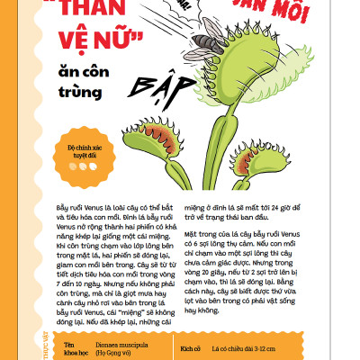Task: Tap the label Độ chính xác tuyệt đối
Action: (79, 149)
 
